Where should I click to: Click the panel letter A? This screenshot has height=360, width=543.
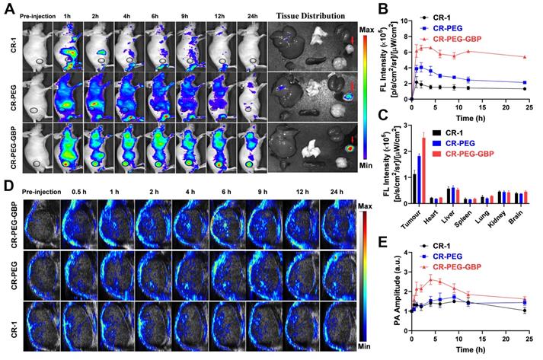pos(8,7)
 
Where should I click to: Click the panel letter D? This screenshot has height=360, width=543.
pos(8,185)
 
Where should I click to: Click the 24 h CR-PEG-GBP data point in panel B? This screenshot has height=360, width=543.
pos(524,56)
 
